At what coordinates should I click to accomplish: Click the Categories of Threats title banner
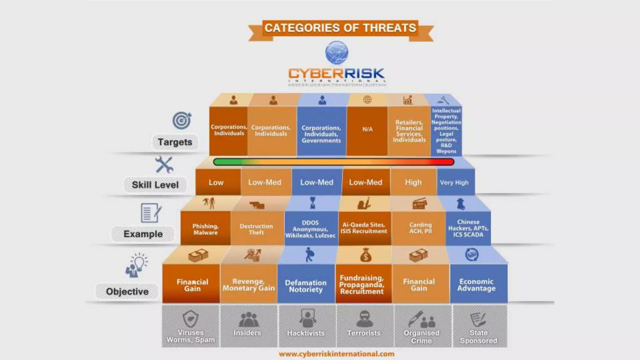pos(340,28)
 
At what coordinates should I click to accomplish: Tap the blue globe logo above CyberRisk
pos(337,52)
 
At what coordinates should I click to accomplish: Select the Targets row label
pos(175,142)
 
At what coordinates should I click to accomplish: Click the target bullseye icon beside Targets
pos(182,121)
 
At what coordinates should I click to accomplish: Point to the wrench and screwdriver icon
pos(164,165)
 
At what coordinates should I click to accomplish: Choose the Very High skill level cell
pos(454,182)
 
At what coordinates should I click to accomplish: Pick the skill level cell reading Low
pos(216,182)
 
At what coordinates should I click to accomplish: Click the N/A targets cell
pos(367,129)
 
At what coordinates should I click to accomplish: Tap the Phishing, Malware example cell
pos(205,229)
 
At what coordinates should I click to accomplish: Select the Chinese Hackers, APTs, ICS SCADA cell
pos(468,228)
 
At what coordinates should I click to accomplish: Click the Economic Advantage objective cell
pos(477,285)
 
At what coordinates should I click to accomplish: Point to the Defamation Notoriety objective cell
pos(306,286)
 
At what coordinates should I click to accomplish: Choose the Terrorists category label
pos(364,333)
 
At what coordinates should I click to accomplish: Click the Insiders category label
pos(247,333)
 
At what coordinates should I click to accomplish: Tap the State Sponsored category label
pos(478,337)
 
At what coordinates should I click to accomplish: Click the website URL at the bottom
pos(337,354)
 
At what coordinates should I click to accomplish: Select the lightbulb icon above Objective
pos(139,262)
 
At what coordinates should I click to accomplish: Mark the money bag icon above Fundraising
pos(365,255)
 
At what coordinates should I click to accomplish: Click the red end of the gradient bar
pos(444,162)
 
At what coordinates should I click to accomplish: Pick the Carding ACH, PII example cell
pos(420,228)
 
